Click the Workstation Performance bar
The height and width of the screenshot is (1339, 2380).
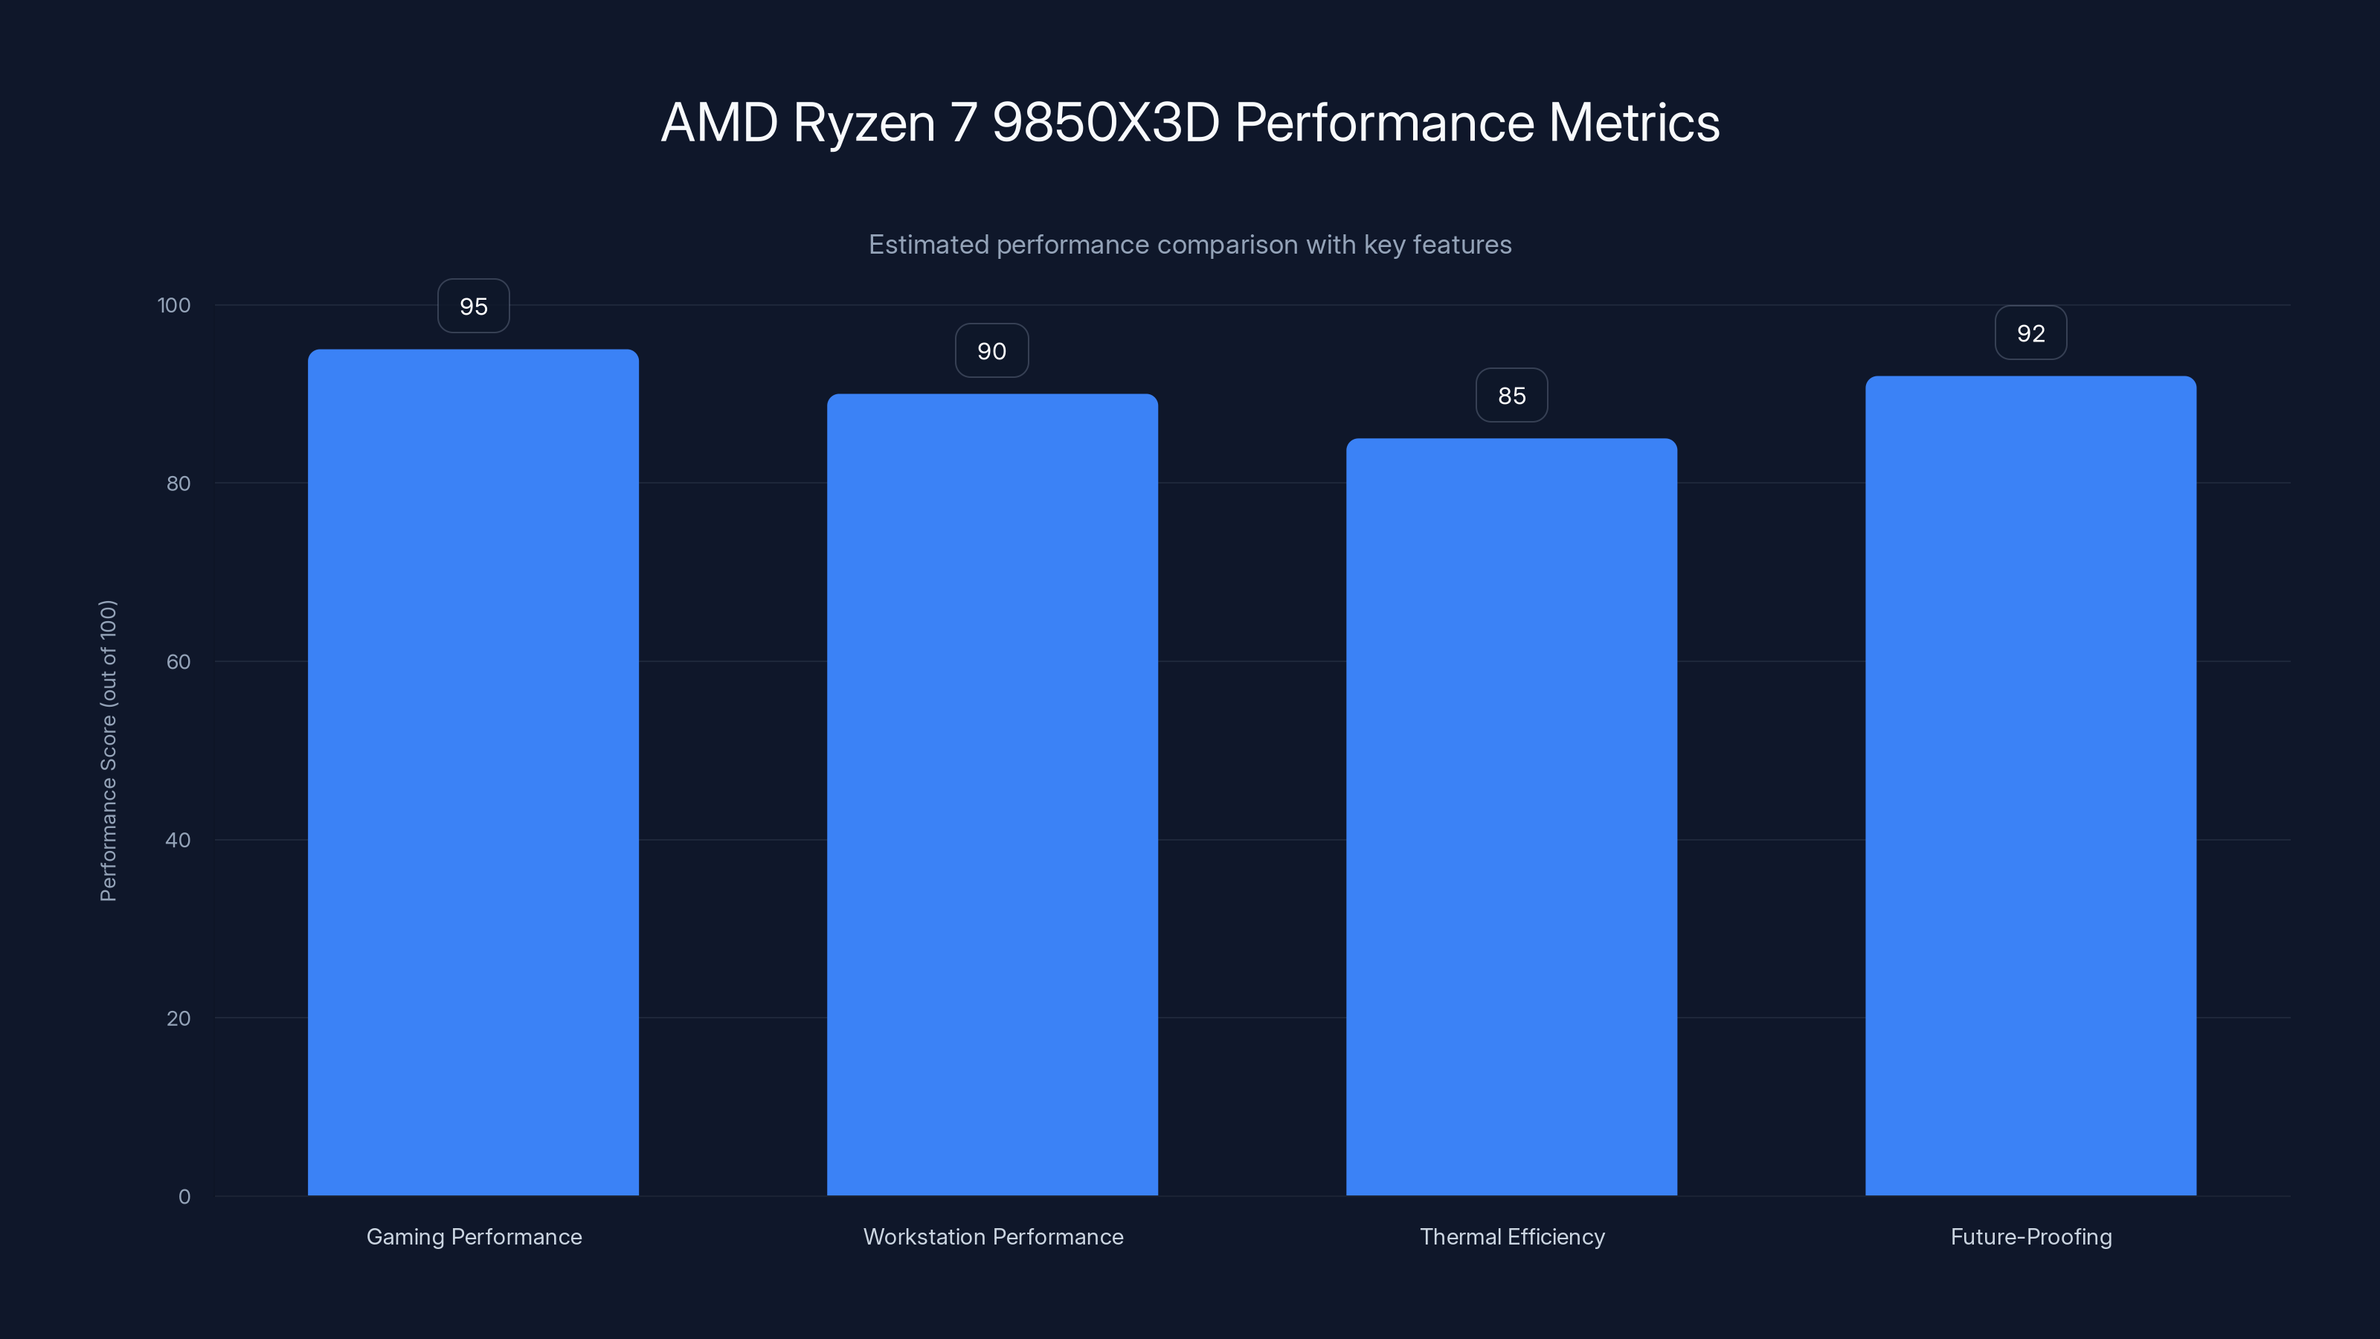pos(992,794)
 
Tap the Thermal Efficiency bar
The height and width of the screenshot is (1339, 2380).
pos(1511,817)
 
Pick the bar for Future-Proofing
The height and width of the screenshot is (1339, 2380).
pos(2030,786)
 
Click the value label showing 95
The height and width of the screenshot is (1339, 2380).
pos(473,306)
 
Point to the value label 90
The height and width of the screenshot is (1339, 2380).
pos(991,351)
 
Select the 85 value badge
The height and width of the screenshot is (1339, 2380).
pos(1511,396)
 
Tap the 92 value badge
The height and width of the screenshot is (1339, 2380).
pos(2030,333)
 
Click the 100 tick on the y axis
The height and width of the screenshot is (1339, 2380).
pos(174,305)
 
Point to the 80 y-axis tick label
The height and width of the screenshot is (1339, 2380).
pos(178,484)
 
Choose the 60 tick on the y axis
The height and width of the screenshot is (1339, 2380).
pos(178,661)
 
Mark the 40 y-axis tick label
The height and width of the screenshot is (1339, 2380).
pos(178,840)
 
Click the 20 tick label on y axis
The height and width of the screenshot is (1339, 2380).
pos(178,1018)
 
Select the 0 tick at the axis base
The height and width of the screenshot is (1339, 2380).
pos(184,1197)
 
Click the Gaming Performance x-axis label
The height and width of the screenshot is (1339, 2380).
pos(474,1236)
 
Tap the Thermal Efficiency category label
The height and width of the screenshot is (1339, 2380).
pos(1511,1236)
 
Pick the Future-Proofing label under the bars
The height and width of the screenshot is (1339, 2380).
pos(2030,1236)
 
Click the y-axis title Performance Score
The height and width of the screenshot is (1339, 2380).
pos(108,751)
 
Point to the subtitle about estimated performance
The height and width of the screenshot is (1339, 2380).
pos(1190,245)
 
